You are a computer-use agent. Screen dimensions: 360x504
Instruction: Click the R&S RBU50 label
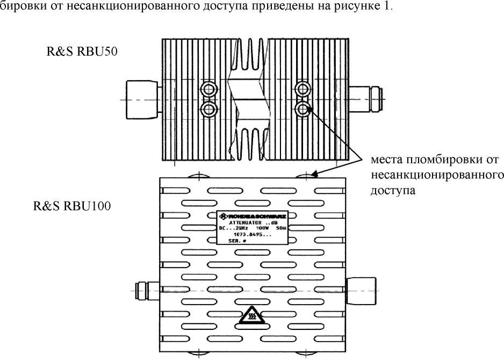pyautogui.click(x=82, y=52)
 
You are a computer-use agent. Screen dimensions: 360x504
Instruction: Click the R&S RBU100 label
pyautogui.click(x=73, y=205)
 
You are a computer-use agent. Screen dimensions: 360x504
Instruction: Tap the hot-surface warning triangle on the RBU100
pyautogui.click(x=251, y=317)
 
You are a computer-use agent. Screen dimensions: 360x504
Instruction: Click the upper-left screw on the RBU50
pyautogui.click(x=207, y=89)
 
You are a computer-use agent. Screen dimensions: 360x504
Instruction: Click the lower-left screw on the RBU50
pyautogui.click(x=207, y=109)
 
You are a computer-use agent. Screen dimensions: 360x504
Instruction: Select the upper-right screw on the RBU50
pyautogui.click(x=304, y=89)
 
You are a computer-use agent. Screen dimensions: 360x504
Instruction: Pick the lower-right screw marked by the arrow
pyautogui.click(x=304, y=109)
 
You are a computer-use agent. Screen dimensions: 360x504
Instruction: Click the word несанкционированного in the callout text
pyautogui.click(x=437, y=175)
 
